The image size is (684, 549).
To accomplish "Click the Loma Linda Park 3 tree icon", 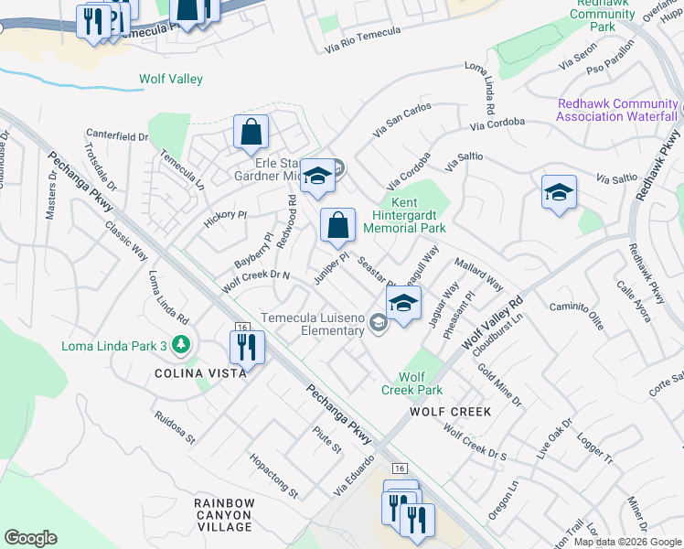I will pyautogui.click(x=182, y=345).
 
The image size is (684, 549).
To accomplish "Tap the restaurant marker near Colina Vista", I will pyautogui.click(x=246, y=346).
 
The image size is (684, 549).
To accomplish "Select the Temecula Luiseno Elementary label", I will pyautogui.click(x=314, y=324).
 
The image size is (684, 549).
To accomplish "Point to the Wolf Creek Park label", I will pyautogui.click(x=412, y=382).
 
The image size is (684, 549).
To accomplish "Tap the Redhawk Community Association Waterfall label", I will pyautogui.click(x=617, y=110).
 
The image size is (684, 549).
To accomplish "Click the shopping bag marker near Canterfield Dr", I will pyautogui.click(x=251, y=132).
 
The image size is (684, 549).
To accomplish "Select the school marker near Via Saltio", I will pyautogui.click(x=559, y=192).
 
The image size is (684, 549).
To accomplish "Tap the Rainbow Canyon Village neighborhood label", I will pyautogui.click(x=224, y=515).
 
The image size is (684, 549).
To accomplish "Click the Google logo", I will pyautogui.click(x=31, y=538).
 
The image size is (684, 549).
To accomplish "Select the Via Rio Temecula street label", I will pyautogui.click(x=364, y=38).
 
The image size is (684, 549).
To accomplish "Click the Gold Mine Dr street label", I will pyautogui.click(x=499, y=388).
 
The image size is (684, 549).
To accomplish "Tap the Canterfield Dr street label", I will pyautogui.click(x=117, y=136).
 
